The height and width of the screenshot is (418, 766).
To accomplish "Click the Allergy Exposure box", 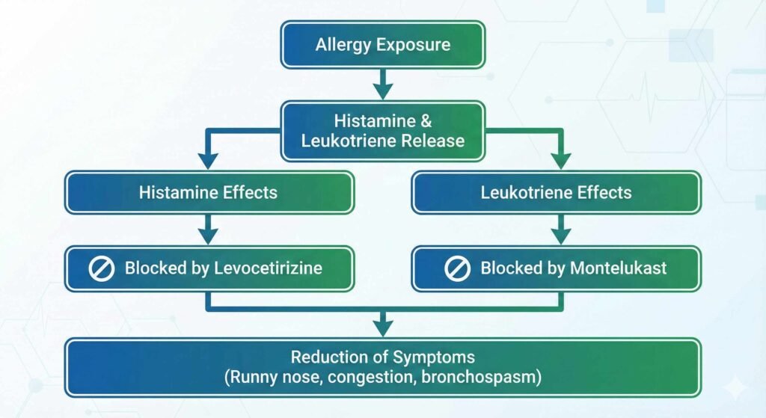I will [x=382, y=45].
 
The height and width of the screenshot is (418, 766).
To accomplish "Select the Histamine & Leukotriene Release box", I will [x=382, y=131].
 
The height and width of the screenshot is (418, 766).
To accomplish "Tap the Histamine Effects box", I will [x=209, y=193].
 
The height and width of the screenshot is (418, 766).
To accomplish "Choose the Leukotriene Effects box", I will [x=557, y=193].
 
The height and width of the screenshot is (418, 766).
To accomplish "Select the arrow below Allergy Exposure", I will [x=382, y=84].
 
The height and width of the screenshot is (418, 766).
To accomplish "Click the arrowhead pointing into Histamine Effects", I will [x=209, y=159].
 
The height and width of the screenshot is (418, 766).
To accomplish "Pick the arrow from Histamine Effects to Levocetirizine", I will [x=209, y=229].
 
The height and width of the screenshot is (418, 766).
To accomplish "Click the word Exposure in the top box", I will [x=414, y=45].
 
